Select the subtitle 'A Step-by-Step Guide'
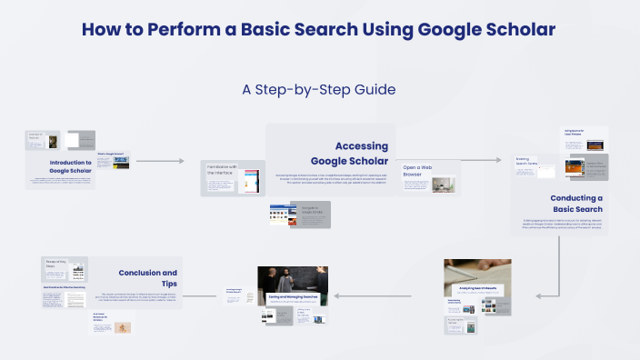click(319, 89)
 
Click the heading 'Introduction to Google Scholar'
click(72, 166)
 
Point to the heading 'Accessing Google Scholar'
click(361, 154)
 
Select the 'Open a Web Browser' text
click(418, 172)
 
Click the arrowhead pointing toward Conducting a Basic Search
click(498, 160)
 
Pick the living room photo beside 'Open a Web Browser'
click(443, 185)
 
